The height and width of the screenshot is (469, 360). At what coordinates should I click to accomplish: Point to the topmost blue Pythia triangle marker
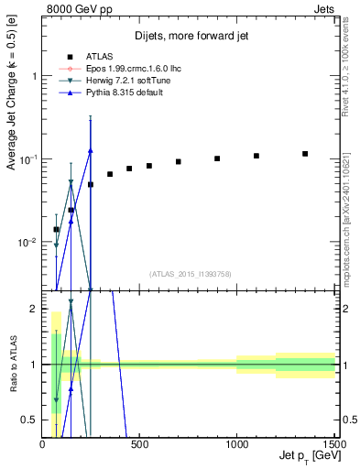(x=91, y=150)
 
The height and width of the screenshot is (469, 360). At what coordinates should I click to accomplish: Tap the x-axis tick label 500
(x=139, y=444)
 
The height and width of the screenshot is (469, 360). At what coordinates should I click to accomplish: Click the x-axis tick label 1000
(x=236, y=444)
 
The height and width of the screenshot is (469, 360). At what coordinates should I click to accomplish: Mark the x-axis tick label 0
(x=43, y=444)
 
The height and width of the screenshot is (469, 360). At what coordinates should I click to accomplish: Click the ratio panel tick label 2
(x=33, y=309)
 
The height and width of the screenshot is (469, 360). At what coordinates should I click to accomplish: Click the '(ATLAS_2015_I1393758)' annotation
(x=190, y=273)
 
